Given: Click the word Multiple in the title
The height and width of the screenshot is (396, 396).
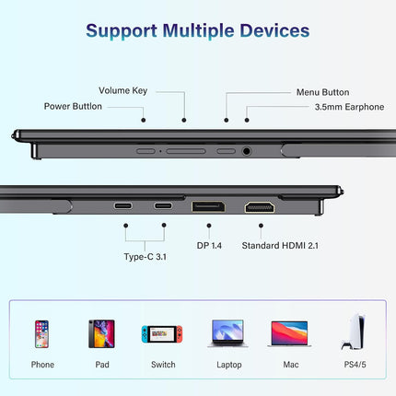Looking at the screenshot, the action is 198,31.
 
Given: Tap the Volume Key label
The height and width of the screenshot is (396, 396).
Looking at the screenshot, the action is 122,90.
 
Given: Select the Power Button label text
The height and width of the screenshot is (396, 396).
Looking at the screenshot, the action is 73,106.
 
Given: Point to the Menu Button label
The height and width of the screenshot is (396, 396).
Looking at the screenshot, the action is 322,92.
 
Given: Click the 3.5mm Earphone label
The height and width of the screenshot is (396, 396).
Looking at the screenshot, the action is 349,107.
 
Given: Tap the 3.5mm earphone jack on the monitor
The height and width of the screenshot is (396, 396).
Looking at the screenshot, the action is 246,151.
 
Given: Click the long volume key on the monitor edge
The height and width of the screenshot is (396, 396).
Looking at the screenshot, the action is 186,151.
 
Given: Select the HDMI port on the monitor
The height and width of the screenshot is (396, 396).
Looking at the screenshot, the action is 260,207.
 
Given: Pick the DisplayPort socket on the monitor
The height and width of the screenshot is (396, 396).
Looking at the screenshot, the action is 208,206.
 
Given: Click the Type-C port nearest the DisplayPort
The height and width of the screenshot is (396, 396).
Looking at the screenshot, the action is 163,205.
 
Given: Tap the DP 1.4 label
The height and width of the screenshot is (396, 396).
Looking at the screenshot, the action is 209,246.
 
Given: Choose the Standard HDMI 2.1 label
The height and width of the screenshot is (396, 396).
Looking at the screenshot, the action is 280,246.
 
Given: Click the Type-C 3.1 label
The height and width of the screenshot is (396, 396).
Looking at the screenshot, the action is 146,257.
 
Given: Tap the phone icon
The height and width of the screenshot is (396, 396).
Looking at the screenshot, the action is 41,334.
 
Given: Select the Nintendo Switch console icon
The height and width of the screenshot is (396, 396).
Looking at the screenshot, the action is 162,334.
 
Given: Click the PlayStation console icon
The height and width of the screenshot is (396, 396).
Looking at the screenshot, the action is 354,332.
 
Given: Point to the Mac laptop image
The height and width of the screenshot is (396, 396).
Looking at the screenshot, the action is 289,334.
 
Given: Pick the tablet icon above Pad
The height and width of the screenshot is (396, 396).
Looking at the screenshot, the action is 101,334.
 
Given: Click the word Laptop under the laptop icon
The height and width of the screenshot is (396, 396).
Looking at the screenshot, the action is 229,365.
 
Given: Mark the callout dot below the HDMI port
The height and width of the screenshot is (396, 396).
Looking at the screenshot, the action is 261,226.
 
